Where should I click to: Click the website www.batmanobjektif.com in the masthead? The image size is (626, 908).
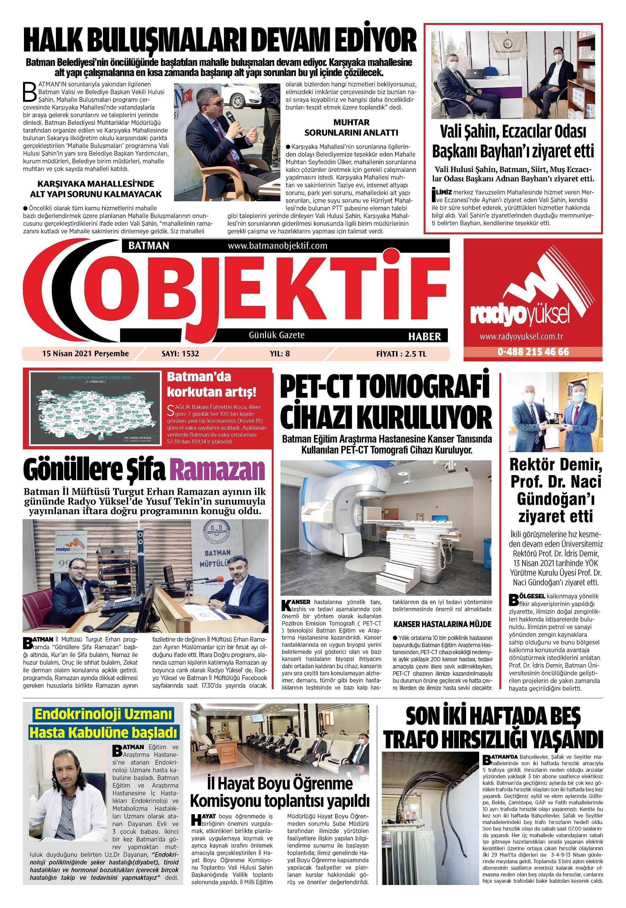pos(277,246)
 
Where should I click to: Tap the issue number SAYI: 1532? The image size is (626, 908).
pos(180,354)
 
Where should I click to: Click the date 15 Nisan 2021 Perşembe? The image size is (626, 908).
pos(85,354)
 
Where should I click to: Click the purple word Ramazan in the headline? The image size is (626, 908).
pos(218,470)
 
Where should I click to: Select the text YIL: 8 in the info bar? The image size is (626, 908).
pos(280,354)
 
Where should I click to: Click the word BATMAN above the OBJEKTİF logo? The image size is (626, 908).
pos(149,246)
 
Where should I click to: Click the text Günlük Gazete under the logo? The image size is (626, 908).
pos(277,335)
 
